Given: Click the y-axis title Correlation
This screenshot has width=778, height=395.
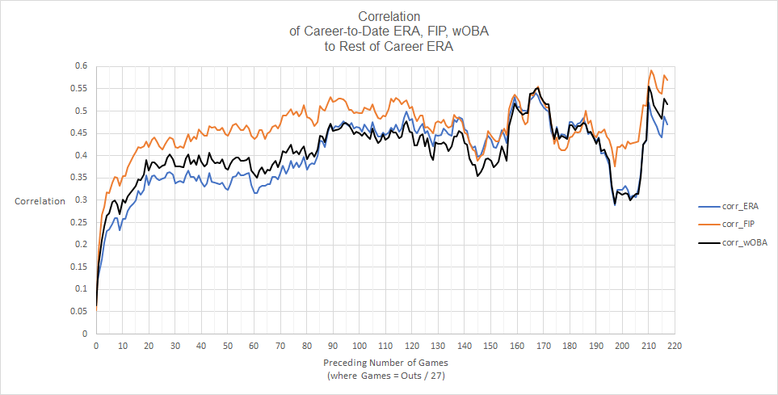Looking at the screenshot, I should [x=40, y=201].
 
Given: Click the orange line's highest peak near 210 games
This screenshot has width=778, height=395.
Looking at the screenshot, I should [x=651, y=70].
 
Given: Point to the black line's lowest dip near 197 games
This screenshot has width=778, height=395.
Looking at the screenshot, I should [x=615, y=204].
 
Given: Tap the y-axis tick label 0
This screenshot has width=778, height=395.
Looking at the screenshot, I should [x=84, y=334].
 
